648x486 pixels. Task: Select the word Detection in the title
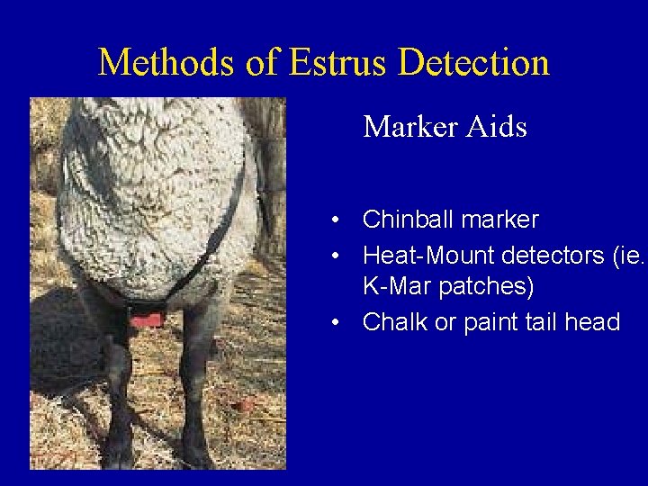[x=473, y=63]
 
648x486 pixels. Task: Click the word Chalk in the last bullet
[x=393, y=322]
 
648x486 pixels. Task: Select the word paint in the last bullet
[x=490, y=322]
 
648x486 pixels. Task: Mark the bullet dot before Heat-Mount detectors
[x=334, y=256]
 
